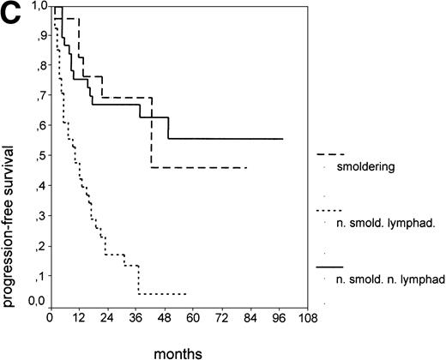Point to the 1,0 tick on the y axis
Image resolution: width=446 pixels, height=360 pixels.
(x=36, y=8)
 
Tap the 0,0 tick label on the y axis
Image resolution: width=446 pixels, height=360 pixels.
(x=36, y=301)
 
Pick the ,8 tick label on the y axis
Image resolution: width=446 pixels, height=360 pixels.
(x=39, y=66)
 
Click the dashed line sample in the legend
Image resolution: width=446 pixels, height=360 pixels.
(x=330, y=153)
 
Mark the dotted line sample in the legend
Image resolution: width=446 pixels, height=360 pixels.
(x=330, y=210)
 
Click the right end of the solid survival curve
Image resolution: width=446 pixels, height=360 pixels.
(x=282, y=138)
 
